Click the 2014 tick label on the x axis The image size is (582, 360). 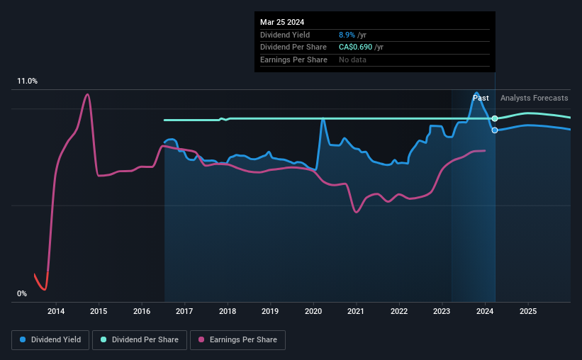[x=56, y=311]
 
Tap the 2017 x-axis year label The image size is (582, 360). [x=184, y=311]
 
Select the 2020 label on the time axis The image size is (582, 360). [x=313, y=311]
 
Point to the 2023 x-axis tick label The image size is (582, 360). [x=442, y=311]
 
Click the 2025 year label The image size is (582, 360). [x=527, y=311]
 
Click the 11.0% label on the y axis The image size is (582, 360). [x=27, y=81]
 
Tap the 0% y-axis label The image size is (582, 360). [x=22, y=293]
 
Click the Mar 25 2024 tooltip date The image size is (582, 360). [x=281, y=21]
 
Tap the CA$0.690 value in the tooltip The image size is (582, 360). [x=359, y=47]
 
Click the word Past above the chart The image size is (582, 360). [x=481, y=98]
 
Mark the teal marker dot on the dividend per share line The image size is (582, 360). [x=495, y=118]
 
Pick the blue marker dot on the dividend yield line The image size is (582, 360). [x=495, y=130]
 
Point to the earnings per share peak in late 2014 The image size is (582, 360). [x=87, y=94]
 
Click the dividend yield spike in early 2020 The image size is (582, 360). [x=323, y=118]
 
